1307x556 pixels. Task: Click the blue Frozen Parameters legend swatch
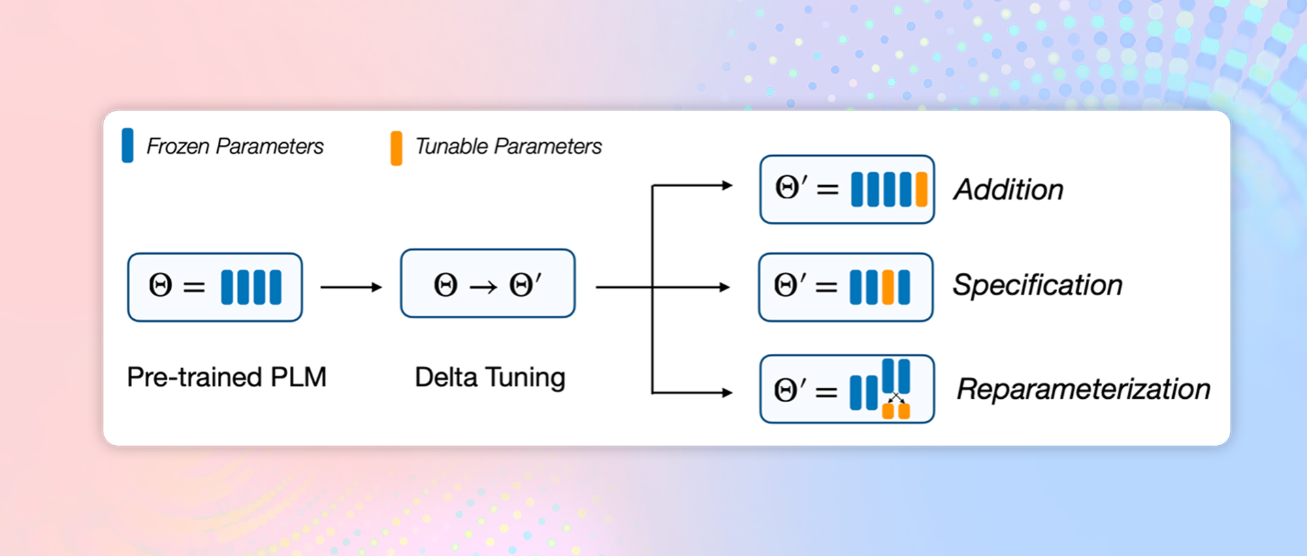127,146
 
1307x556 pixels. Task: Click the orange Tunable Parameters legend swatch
396,148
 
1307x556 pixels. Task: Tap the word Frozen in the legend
178,146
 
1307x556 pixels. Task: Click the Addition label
1009,190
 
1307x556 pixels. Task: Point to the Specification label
1037,285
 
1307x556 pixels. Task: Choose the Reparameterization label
1084,389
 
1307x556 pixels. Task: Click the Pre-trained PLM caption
227,377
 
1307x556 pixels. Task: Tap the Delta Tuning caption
490,378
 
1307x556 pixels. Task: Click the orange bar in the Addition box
922,189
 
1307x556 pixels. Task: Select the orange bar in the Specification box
888,287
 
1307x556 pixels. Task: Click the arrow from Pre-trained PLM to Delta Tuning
351,287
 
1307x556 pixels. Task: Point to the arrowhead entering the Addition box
727,185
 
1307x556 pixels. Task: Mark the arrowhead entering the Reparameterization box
727,393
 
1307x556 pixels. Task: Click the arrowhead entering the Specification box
725,287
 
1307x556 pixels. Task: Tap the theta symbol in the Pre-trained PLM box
161,285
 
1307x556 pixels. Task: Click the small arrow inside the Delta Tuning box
483,288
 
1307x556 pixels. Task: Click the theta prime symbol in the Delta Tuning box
525,284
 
